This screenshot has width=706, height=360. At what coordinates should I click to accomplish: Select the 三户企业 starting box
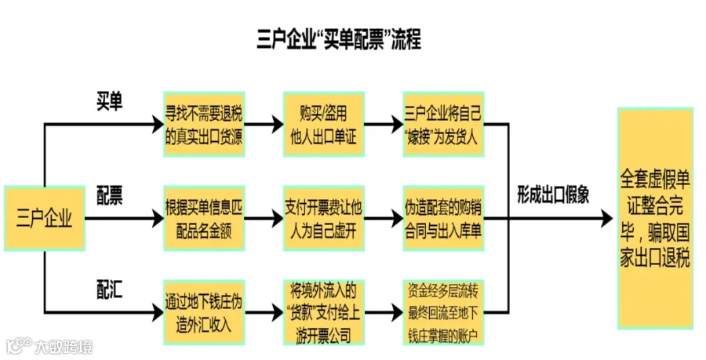44,218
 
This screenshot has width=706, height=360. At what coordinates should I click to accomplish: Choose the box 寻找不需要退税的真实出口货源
204,124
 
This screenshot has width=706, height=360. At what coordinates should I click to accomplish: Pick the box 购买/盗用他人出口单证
323,124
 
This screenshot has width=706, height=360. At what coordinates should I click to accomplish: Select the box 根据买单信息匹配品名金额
204,218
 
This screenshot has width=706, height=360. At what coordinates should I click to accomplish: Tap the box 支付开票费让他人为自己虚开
323,218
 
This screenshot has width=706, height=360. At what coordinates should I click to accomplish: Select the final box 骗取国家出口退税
655,218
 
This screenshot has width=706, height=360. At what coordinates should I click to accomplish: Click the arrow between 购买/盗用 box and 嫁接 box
383,124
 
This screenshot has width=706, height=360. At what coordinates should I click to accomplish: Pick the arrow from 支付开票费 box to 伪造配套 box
383,218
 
